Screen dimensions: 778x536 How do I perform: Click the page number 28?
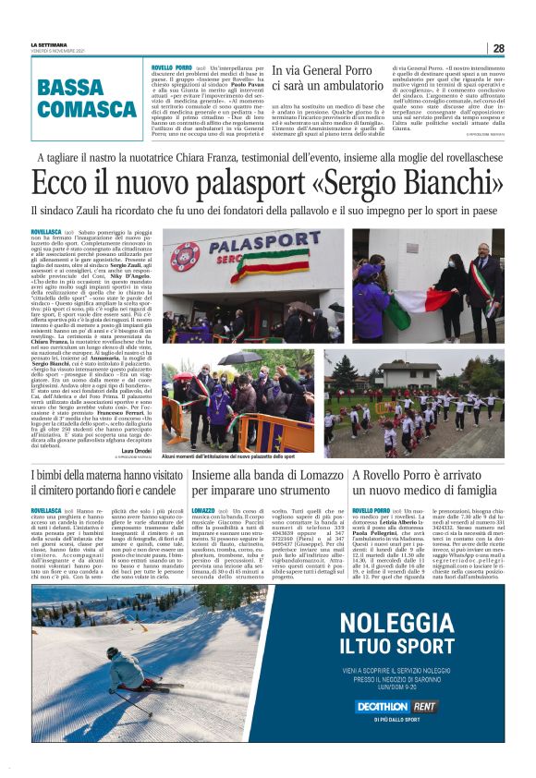[x=498, y=48]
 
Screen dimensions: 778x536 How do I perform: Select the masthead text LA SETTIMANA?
[x=49, y=43]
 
